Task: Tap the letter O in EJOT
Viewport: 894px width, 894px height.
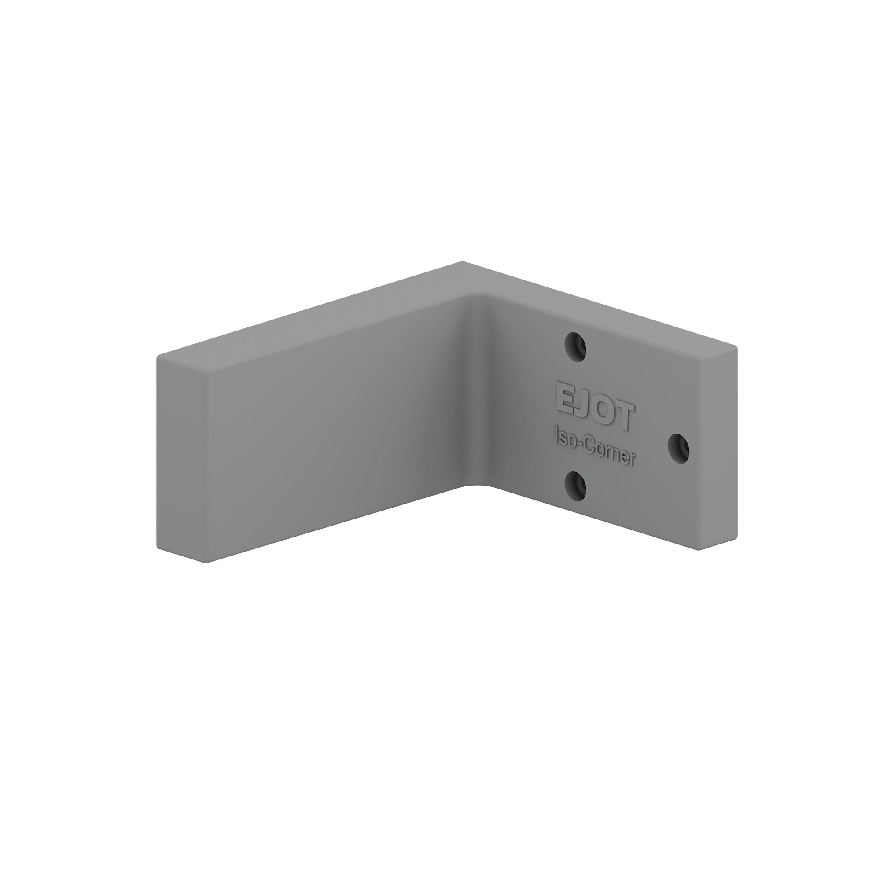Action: coord(602,408)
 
